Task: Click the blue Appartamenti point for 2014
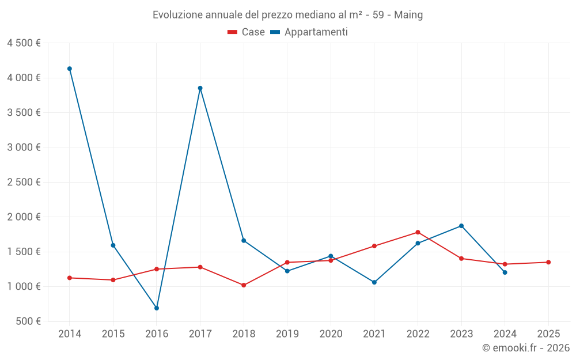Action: [70, 69]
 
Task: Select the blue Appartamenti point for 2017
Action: [200, 88]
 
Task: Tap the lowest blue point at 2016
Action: [157, 308]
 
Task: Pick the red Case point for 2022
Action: [418, 232]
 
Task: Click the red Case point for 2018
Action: [244, 285]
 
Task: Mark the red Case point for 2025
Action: [548, 262]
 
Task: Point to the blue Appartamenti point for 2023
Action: [461, 226]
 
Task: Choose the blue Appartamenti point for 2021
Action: [374, 282]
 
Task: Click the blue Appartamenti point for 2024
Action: [505, 272]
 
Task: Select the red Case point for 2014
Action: [70, 278]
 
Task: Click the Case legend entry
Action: [247, 32]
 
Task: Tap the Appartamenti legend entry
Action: [309, 32]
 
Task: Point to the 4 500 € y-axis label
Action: [24, 43]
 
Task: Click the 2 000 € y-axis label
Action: [24, 217]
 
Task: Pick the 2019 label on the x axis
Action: [287, 334]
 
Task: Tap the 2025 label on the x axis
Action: [548, 334]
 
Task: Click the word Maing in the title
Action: [408, 15]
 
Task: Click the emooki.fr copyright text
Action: [525, 348]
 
